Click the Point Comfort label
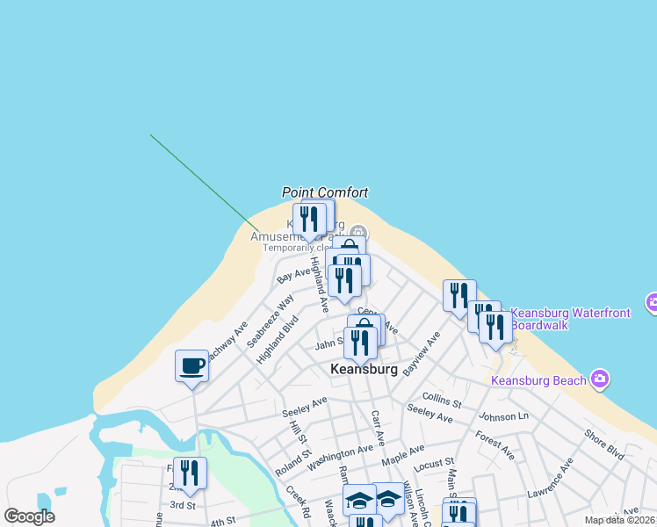coord(325,192)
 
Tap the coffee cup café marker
coord(191,365)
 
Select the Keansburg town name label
coord(364,370)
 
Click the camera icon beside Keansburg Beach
coord(600,379)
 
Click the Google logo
coord(29,516)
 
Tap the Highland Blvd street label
coord(278,340)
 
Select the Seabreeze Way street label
coord(270,320)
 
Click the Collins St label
coord(441,401)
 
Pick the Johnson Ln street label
coord(503,415)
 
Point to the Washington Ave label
coord(340,455)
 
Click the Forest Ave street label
coord(495,444)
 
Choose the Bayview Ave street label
coord(420,354)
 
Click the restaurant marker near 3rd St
coord(190,473)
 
